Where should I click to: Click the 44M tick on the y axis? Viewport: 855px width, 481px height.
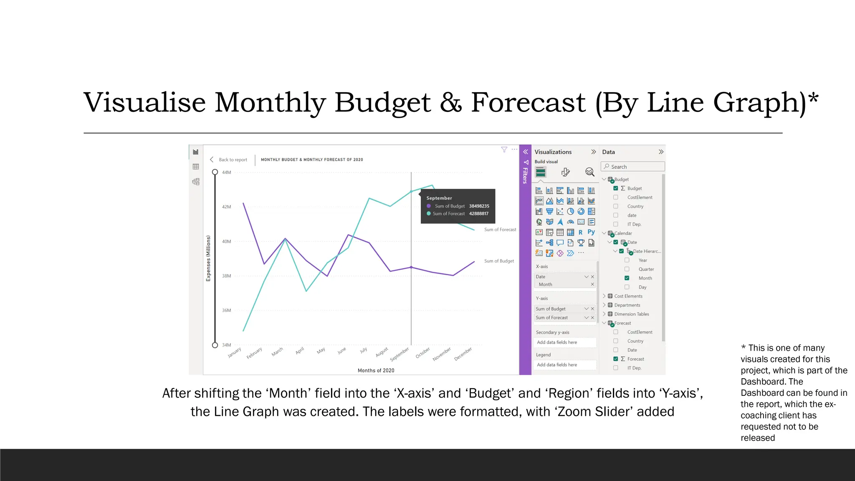(x=226, y=172)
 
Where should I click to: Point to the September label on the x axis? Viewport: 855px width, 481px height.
(x=400, y=354)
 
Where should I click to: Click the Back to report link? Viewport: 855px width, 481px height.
(x=233, y=160)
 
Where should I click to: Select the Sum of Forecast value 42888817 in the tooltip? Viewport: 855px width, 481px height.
(x=478, y=214)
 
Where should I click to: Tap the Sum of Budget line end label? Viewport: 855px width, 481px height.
(x=499, y=261)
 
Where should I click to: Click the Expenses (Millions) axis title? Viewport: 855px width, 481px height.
(x=208, y=258)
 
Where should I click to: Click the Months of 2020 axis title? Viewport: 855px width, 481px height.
(x=376, y=370)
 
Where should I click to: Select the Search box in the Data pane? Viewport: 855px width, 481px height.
(x=633, y=167)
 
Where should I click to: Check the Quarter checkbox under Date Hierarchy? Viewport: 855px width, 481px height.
(x=627, y=269)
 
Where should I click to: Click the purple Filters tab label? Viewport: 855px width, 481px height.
(x=525, y=175)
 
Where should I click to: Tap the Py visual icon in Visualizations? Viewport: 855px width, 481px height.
(x=591, y=232)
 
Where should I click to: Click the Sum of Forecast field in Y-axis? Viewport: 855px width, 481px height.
(x=552, y=318)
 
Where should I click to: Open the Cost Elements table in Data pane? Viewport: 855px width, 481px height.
(x=628, y=296)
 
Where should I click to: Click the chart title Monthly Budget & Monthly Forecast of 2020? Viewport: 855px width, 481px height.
(x=312, y=160)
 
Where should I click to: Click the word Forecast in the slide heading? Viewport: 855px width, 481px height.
(x=528, y=103)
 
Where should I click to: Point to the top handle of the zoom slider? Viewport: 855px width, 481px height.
(x=215, y=172)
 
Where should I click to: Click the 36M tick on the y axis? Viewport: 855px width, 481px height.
(x=226, y=311)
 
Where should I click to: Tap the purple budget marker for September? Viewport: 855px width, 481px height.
(x=411, y=267)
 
